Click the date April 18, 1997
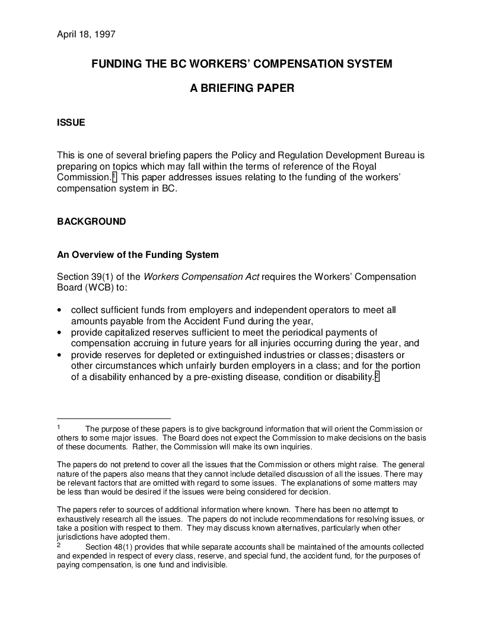[85, 34]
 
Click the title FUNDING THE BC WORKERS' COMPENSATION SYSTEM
[241, 64]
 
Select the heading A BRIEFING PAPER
[241, 88]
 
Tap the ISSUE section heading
[71, 123]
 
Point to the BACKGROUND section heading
[91, 222]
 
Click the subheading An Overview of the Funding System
[138, 255]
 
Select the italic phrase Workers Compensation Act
[201, 277]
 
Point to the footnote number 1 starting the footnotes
[59, 427]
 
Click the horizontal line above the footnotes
[113, 419]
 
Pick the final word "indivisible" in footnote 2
[207, 565]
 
